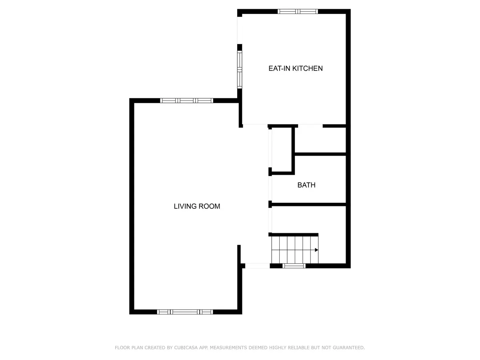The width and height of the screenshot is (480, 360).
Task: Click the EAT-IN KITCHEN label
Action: point(295,68)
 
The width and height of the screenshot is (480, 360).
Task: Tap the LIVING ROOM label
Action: point(197,206)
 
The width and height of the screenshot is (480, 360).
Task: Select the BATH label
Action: point(306,185)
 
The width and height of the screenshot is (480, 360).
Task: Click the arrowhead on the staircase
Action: point(316,250)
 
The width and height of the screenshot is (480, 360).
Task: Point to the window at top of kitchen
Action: point(298,12)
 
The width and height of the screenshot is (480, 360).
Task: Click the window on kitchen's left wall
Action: point(240,70)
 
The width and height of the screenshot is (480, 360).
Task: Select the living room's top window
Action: point(186,100)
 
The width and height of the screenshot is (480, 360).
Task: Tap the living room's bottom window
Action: point(184,312)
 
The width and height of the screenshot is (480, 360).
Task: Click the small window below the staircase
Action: point(294,266)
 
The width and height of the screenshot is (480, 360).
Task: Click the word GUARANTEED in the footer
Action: point(348,348)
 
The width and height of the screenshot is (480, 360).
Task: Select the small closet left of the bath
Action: point(282,149)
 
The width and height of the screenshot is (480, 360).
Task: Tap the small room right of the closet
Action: point(320,140)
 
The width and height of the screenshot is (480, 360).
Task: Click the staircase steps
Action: point(294,249)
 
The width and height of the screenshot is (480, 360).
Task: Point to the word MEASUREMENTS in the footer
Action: point(230,348)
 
